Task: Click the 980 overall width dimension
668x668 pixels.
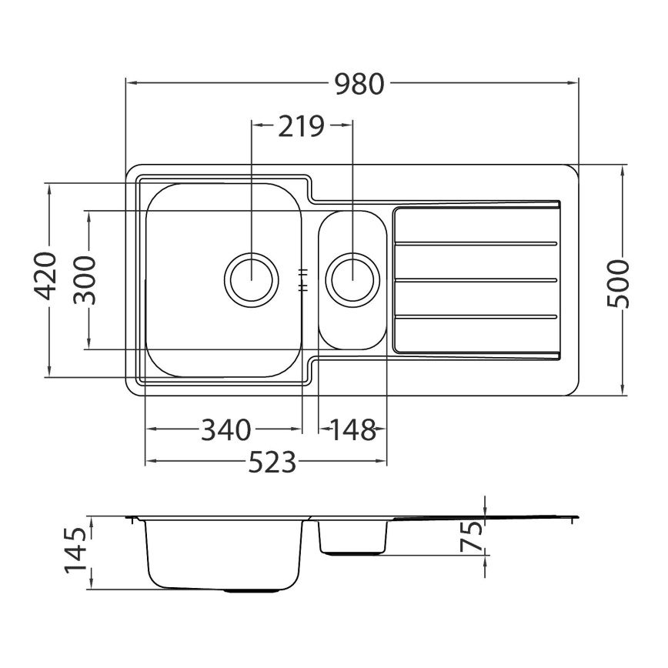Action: coord(359,84)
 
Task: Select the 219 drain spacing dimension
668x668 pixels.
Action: coord(302,125)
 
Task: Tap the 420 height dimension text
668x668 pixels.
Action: coord(47,276)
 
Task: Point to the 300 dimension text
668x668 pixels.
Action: coord(86,280)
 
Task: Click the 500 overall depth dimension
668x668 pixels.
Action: coord(619,283)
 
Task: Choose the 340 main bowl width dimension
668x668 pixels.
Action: coord(225,429)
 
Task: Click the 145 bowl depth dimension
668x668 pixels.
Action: coord(75,553)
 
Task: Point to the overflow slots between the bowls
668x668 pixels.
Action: coord(304,279)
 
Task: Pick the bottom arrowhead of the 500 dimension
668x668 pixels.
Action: coord(623,392)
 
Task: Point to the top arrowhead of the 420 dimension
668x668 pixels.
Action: coord(47,187)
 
